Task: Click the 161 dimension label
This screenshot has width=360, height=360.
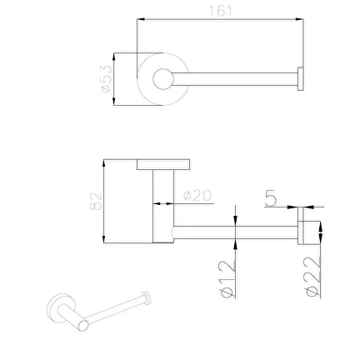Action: pos(220,11)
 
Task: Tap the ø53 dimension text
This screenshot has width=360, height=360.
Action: pos(106,79)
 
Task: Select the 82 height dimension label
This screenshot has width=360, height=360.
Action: pos(95,201)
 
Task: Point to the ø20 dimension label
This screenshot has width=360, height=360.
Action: pos(197,195)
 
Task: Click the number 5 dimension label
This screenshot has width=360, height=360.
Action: pos(271,198)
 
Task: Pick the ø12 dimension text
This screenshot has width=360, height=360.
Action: pos(227,279)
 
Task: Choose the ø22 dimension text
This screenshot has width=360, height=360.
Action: pos(312,277)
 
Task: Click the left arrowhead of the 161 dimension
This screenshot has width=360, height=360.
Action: pos(142,19)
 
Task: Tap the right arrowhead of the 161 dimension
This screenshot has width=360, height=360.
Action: pos(299,19)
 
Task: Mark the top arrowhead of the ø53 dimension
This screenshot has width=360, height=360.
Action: pos(113,57)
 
